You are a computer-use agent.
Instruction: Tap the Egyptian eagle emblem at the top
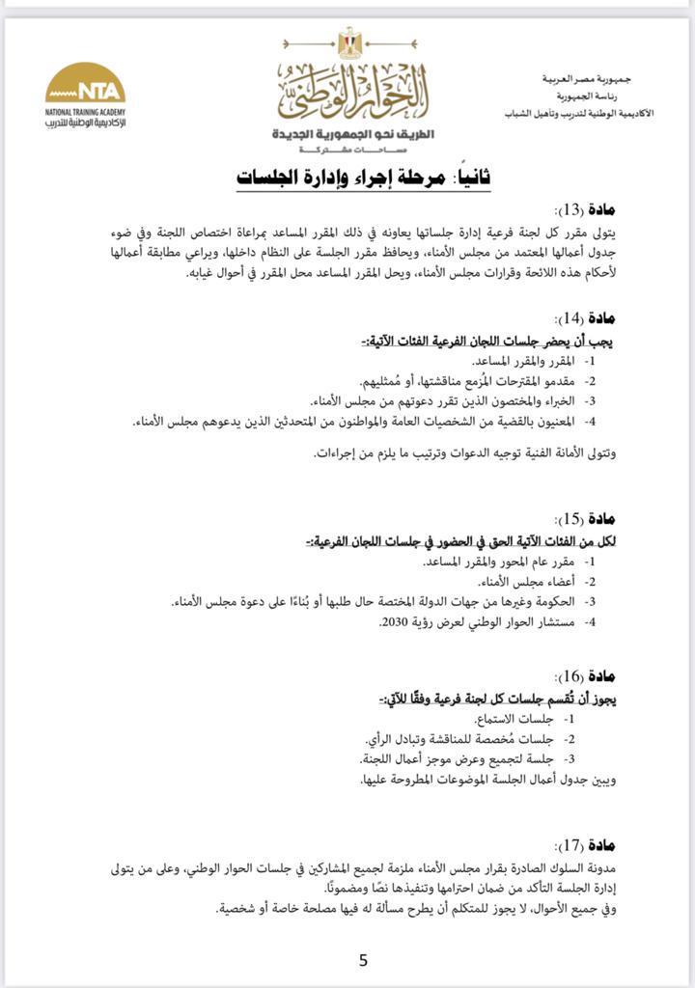tap(348, 41)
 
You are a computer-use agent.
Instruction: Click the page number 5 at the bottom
tap(363, 960)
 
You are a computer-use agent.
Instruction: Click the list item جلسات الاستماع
tap(526, 719)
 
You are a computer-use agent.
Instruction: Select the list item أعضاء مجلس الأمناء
tap(535, 581)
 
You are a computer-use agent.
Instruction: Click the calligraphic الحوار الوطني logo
tap(352, 93)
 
